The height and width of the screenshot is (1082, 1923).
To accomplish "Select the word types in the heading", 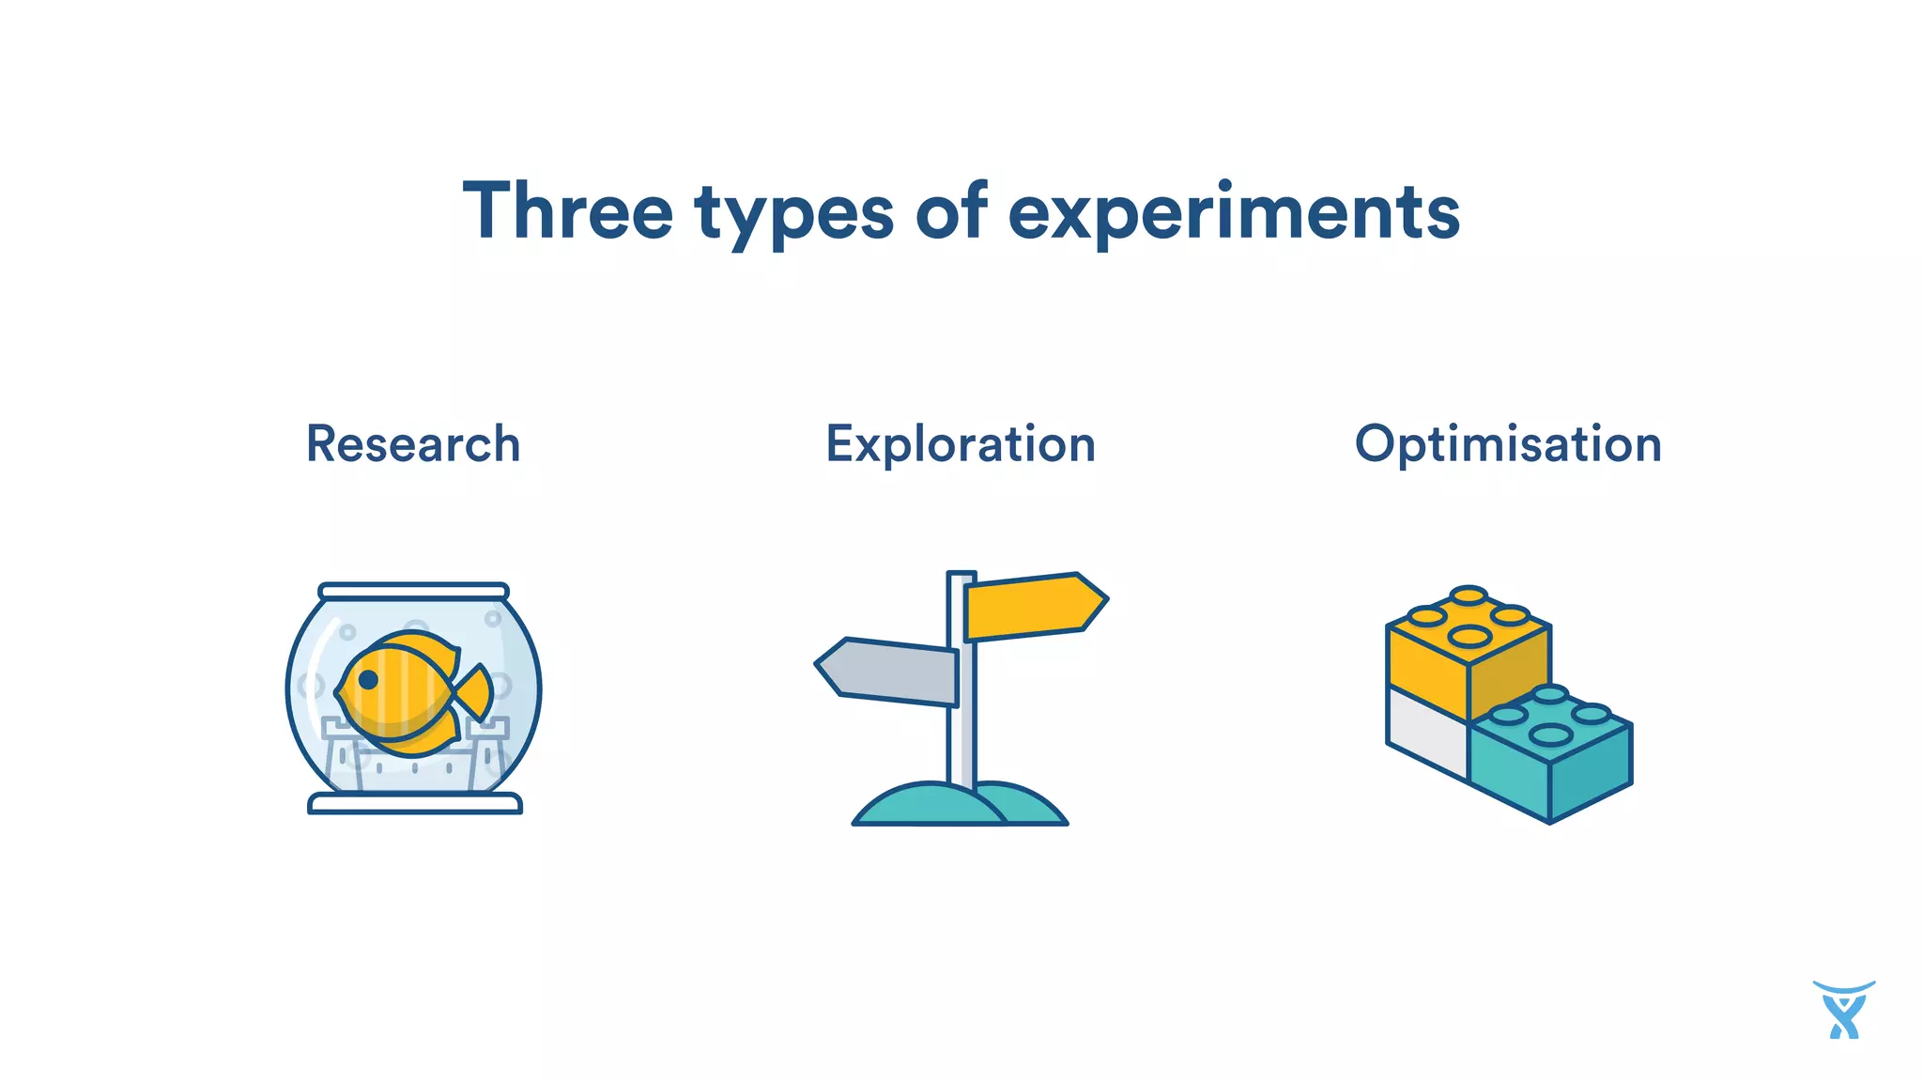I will point(793,214).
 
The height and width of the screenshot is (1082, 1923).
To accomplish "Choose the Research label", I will point(413,444).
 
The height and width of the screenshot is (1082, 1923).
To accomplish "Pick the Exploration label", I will point(961,444).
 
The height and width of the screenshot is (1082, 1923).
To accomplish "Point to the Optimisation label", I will point(1508,444).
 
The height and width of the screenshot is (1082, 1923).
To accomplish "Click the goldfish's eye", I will point(368,679).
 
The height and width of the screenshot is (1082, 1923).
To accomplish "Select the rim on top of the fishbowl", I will point(413,592).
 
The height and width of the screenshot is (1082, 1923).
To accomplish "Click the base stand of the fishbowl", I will point(414,804).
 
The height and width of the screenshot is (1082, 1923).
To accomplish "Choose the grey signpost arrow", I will point(887,671).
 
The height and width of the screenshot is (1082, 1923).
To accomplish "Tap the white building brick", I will point(1425,733).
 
